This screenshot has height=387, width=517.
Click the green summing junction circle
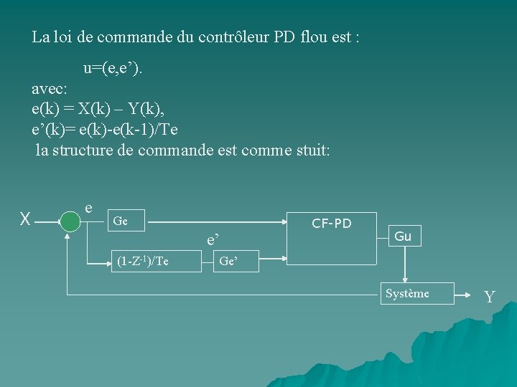[x=70, y=221]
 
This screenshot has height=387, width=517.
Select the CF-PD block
[x=331, y=236]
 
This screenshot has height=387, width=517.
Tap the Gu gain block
[x=403, y=236]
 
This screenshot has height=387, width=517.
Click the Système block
[x=407, y=294]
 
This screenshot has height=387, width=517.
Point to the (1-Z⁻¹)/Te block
[x=143, y=262]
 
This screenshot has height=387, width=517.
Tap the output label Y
[x=489, y=297]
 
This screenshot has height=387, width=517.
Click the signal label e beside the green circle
[x=88, y=207]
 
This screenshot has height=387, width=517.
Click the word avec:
[x=50, y=89]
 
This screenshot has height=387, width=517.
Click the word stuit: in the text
[x=307, y=150]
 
